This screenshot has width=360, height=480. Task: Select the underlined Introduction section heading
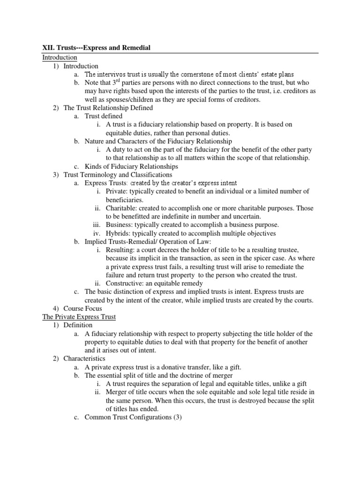pyautogui.click(x=60, y=57)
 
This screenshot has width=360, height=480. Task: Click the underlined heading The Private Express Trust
pyautogui.click(x=79, y=316)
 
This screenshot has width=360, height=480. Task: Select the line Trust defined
pyautogui.click(x=104, y=116)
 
